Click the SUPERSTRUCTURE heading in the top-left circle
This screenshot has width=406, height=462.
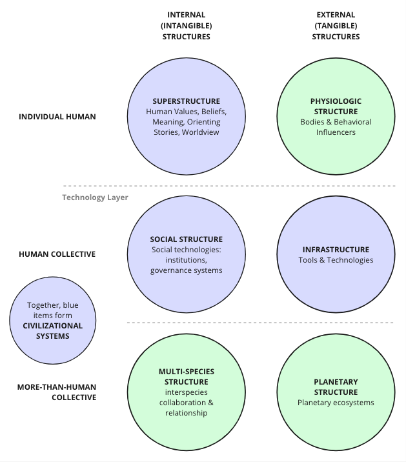186,101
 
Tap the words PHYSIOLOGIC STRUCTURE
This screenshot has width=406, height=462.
336,106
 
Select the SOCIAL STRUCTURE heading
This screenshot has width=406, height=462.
186,239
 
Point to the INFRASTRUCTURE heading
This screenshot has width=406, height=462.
336,250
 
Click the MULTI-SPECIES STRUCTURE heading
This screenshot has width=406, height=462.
186,377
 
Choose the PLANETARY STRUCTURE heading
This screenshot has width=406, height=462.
336,387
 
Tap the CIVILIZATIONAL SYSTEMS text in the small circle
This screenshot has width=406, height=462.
53,330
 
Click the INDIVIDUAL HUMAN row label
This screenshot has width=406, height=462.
57,117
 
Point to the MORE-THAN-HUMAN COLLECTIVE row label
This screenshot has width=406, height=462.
57,392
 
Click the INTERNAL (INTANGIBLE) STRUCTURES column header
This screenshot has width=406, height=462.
186,26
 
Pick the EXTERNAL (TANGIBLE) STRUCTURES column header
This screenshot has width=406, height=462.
336,26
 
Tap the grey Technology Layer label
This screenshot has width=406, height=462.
95,197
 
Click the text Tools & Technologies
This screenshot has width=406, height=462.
336,260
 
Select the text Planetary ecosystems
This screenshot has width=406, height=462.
336,403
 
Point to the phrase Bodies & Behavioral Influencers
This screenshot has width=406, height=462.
336,127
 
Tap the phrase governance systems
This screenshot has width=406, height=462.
186,270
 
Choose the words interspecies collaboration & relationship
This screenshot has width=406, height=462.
186,403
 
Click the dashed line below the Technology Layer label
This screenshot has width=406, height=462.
258,322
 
